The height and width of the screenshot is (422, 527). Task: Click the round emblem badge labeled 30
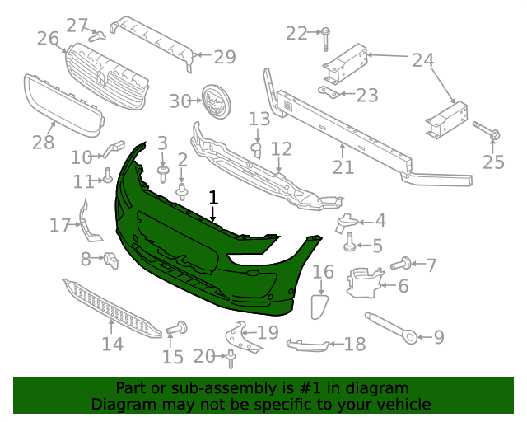(x=217, y=101)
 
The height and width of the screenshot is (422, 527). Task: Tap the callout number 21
(x=343, y=167)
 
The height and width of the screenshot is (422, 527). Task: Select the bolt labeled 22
(x=326, y=39)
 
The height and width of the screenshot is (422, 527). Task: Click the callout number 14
(x=113, y=344)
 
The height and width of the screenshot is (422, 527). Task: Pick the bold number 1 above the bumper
(x=213, y=198)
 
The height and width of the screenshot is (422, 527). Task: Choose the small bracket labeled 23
(x=329, y=92)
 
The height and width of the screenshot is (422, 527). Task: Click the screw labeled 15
(x=177, y=328)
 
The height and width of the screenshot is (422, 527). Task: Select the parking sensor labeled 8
(x=111, y=260)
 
